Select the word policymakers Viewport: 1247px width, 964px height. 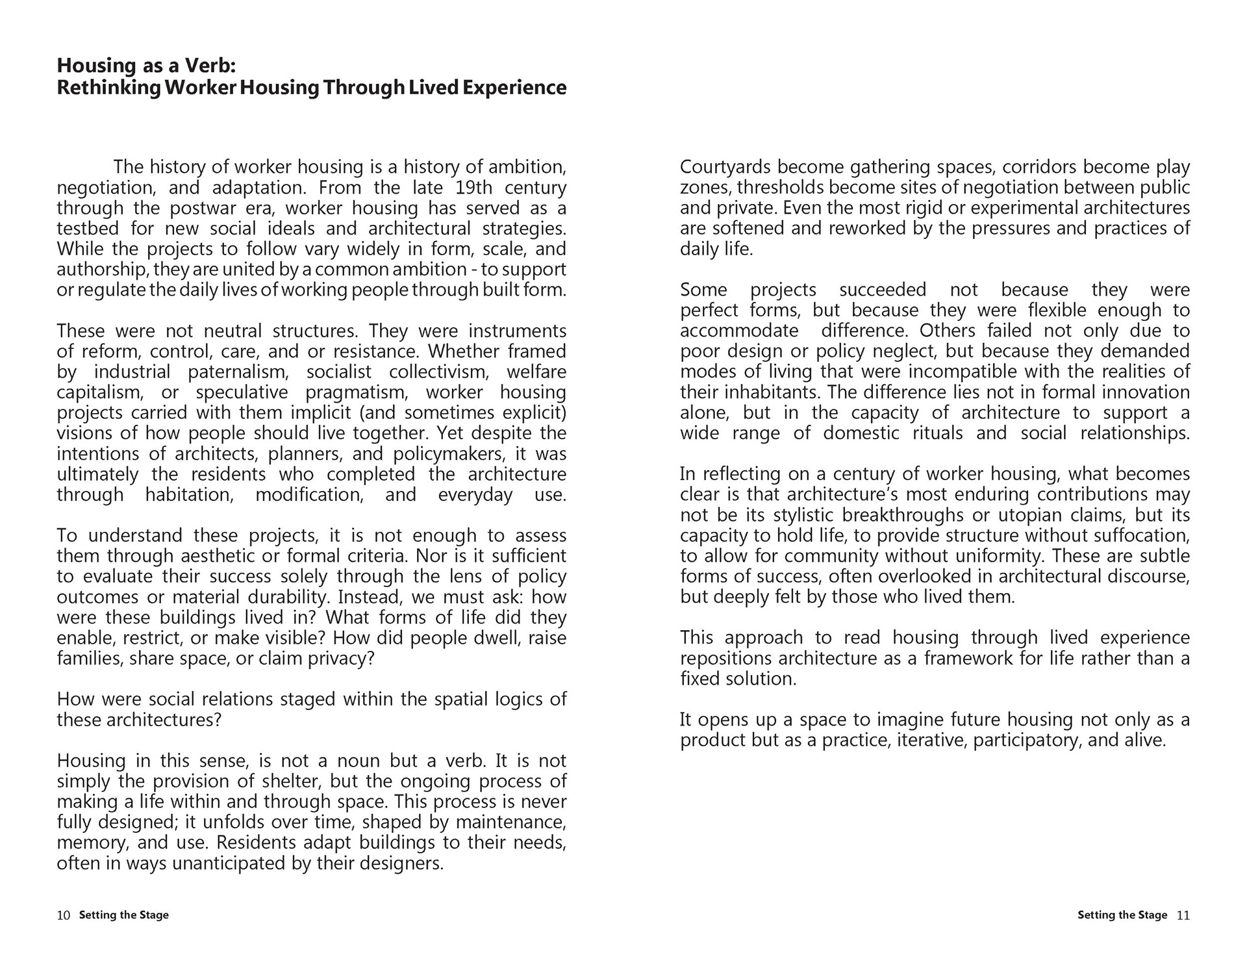tap(447, 454)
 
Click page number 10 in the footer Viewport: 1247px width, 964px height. tap(64, 915)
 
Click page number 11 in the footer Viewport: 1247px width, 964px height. tap(1183, 915)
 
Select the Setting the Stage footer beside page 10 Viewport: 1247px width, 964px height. tap(124, 915)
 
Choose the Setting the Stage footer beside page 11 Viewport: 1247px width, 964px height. tap(1122, 915)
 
